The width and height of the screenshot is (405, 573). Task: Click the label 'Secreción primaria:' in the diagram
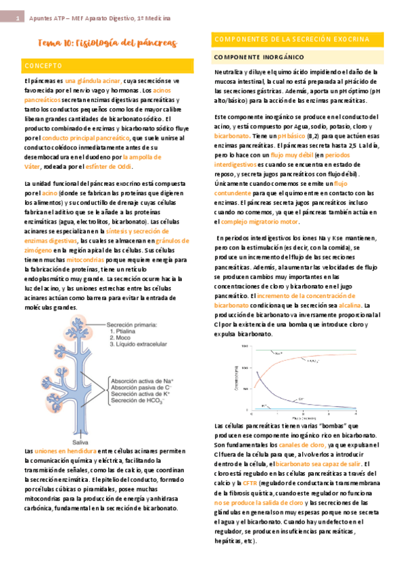pos(132,324)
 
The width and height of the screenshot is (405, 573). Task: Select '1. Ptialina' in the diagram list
pos(126,332)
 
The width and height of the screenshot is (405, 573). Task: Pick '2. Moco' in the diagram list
pos(122,340)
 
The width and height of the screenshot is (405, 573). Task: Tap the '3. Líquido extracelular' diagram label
pos(142,348)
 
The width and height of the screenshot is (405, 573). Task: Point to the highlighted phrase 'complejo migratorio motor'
pos(260,221)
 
